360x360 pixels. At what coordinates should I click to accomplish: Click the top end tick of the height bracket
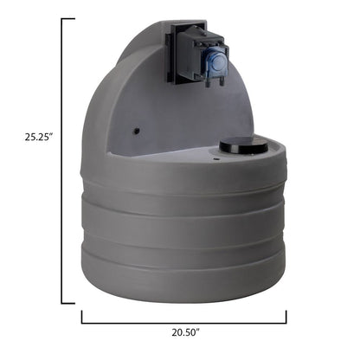click(x=68, y=18)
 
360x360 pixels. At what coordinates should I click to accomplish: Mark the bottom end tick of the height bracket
click(x=68, y=302)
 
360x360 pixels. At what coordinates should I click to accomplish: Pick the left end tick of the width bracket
click(x=82, y=316)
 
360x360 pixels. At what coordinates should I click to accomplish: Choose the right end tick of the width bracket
click(x=286, y=316)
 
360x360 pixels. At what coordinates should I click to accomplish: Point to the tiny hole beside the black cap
click(x=212, y=157)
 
